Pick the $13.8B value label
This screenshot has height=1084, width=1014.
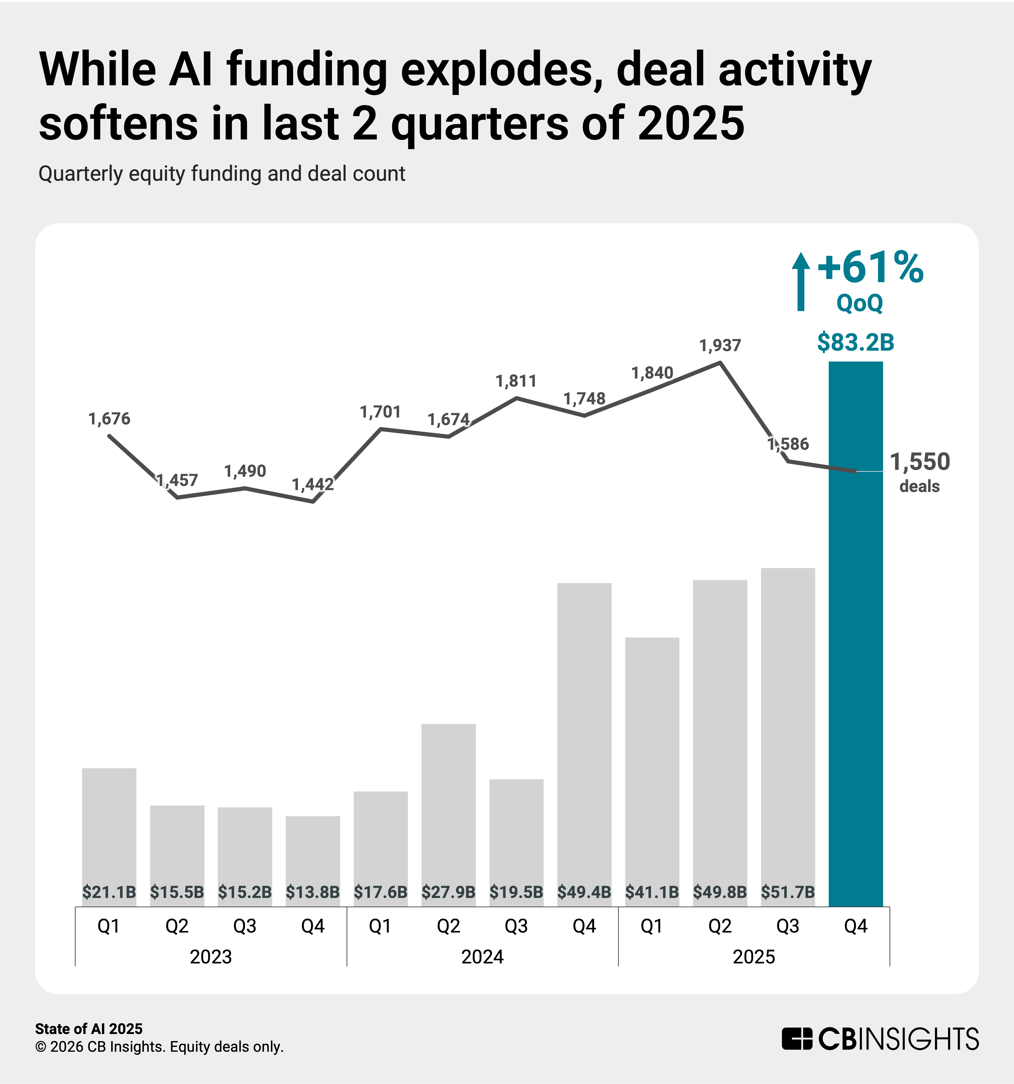[x=312, y=892]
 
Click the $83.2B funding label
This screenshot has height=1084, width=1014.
[x=855, y=342]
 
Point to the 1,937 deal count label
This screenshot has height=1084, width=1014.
[x=720, y=345]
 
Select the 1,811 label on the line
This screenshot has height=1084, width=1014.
[x=516, y=381]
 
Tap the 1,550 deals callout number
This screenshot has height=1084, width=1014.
[x=920, y=462]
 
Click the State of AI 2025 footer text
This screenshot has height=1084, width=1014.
[x=89, y=1028]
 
